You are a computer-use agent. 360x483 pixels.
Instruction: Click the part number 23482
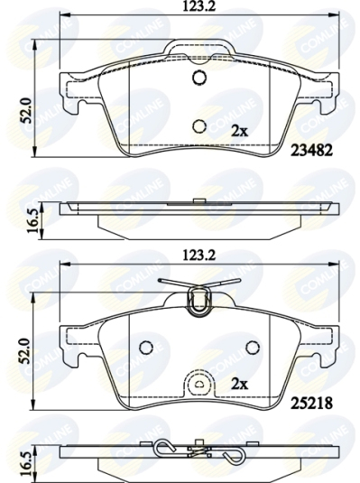tap(311, 151)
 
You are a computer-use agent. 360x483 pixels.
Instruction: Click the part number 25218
tap(311, 403)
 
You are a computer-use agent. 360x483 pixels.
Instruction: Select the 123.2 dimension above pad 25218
tap(198, 255)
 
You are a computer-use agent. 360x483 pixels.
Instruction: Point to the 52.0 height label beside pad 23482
tap(27, 110)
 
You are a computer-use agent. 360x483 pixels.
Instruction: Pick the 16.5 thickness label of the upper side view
tap(34, 220)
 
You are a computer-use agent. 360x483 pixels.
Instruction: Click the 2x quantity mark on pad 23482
tap(240, 132)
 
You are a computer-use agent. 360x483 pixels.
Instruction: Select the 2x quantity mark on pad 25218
tap(240, 384)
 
